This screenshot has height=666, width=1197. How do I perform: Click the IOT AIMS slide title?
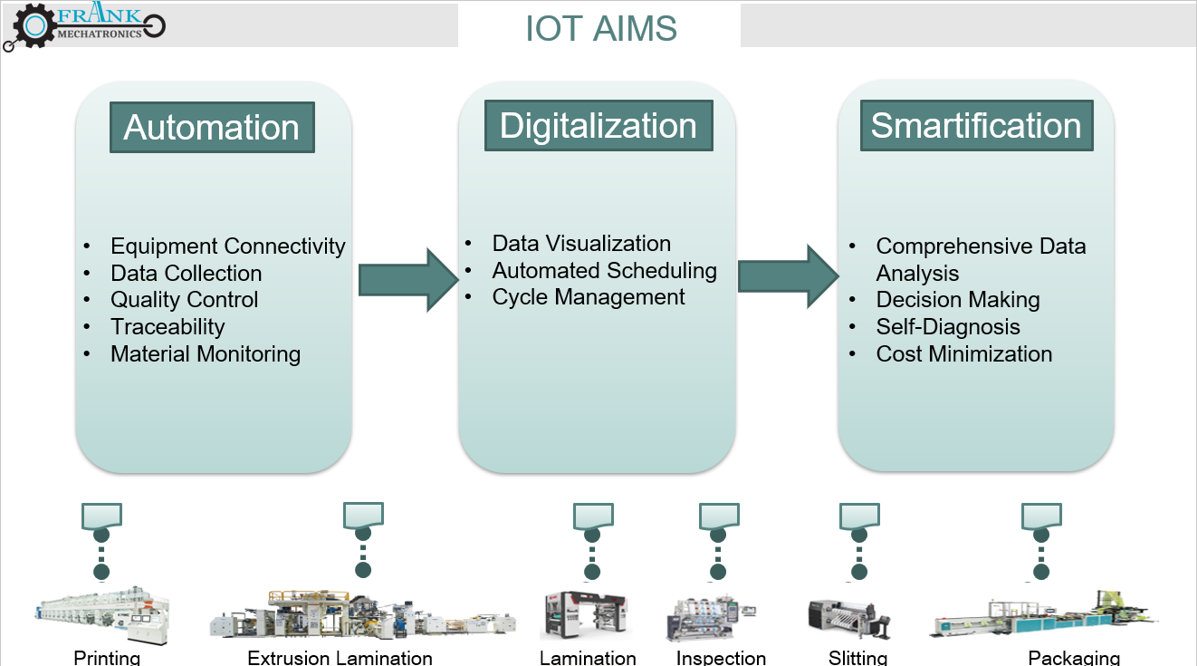(600, 28)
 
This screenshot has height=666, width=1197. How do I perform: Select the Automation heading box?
(212, 128)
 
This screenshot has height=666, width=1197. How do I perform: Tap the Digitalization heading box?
(598, 126)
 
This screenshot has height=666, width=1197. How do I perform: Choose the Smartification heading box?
(976, 126)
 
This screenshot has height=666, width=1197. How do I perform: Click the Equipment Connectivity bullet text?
(227, 246)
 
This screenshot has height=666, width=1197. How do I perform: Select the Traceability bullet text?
(168, 327)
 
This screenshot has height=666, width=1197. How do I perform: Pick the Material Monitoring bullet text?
(206, 354)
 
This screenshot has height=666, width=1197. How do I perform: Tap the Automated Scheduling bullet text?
(604, 271)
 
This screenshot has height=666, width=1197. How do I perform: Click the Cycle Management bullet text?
(589, 297)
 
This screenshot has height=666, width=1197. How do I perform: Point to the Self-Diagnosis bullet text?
(948, 327)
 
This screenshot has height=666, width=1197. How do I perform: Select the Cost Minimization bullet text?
(964, 354)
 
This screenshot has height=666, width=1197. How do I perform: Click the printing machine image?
(101, 616)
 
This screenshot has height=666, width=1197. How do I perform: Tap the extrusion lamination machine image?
(362, 617)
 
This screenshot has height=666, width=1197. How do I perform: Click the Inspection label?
(721, 658)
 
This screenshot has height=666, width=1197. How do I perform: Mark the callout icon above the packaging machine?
(1041, 517)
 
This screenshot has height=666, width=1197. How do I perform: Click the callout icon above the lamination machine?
(593, 517)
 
